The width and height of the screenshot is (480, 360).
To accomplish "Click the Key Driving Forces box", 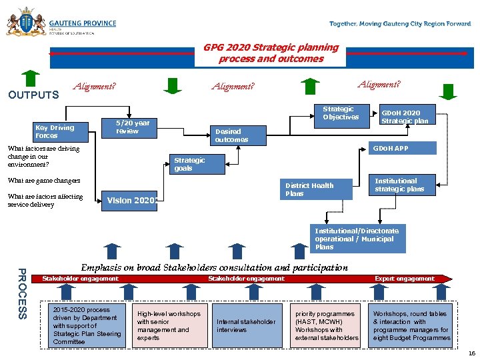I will click(x=59, y=131).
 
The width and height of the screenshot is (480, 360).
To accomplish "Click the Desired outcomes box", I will click(x=239, y=135).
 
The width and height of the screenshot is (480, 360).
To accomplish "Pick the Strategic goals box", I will click(x=197, y=164).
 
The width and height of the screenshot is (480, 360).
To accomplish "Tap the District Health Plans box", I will click(x=313, y=189).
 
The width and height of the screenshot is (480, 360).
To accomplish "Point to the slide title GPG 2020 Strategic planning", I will click(x=271, y=53).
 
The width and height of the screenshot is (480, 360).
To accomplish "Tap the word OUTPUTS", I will click(x=33, y=95).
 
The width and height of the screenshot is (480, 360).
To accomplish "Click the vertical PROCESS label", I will click(x=21, y=293).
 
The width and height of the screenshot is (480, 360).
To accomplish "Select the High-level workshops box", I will click(x=171, y=326).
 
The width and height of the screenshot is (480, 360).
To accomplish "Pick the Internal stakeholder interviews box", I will click(x=246, y=326).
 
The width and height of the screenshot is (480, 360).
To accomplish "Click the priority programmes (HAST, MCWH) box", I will click(x=326, y=326).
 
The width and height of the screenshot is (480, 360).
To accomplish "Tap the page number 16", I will click(x=471, y=353).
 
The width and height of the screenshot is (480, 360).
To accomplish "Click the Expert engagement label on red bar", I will click(x=404, y=279).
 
